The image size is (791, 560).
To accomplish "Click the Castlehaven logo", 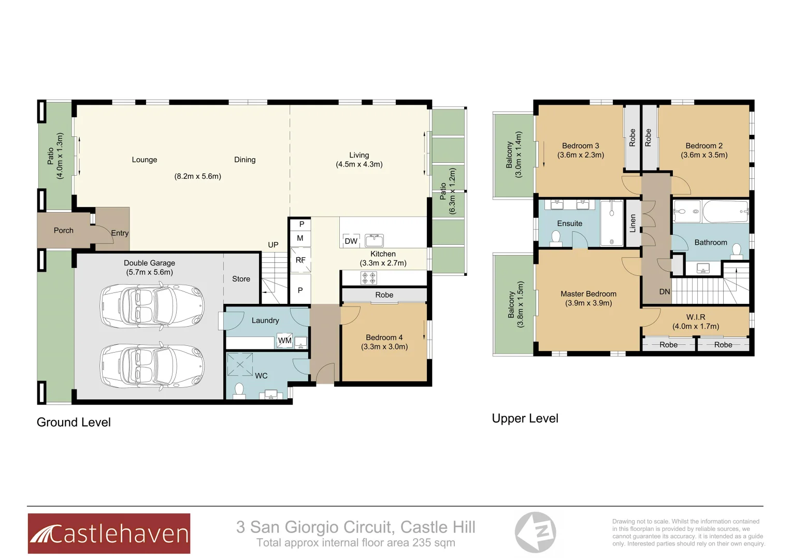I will (x=109, y=533).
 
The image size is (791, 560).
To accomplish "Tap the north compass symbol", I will (x=535, y=532).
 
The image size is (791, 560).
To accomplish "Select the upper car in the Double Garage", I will (x=152, y=305).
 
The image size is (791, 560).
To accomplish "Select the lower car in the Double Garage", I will (x=152, y=365).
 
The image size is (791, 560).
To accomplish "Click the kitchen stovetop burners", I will (x=369, y=278).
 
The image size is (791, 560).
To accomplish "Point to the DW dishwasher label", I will (x=351, y=241).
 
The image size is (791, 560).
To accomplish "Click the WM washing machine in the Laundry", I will (x=284, y=340).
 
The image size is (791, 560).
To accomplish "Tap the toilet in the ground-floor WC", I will (x=239, y=389).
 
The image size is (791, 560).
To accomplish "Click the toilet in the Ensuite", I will (x=556, y=238).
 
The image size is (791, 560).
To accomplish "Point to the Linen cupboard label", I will (x=632, y=223).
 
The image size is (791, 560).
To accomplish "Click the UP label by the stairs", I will (x=273, y=245).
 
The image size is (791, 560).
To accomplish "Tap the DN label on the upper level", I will (x=665, y=292).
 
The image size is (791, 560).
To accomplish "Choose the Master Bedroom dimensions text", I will (x=588, y=303).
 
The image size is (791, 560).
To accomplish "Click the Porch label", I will (x=64, y=230).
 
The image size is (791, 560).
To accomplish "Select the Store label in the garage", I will (x=241, y=279).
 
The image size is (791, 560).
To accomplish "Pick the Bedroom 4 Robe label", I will (x=384, y=295).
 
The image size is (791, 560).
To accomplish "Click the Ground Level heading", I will (x=74, y=422).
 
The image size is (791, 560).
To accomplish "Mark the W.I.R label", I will (x=696, y=317).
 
